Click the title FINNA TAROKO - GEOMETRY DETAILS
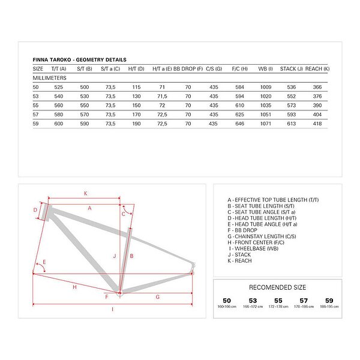pyautogui.click(x=79, y=60)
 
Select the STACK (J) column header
pyautogui.click(x=292, y=69)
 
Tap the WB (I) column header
pyautogui.click(x=266, y=69)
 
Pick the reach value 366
pyautogui.click(x=317, y=87)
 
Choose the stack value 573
pyautogui.click(x=292, y=104)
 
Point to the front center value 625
pyautogui.click(x=239, y=113)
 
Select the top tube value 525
pyautogui.click(x=59, y=87)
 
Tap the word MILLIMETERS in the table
pyautogui.click(x=49, y=78)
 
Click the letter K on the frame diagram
pyautogui.click(x=85, y=193)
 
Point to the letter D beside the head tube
pyautogui.click(x=35, y=210)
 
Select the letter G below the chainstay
pyautogui.click(x=157, y=296)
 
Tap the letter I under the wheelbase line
pyautogui.click(x=112, y=309)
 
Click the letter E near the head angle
pyautogui.click(x=44, y=262)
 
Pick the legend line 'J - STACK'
pyautogui.click(x=239, y=254)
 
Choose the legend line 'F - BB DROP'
pyautogui.click(x=243, y=230)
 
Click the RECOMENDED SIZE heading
pyautogui.click(x=277, y=287)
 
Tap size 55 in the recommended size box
pyautogui.click(x=277, y=300)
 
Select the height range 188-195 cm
pyautogui.click(x=329, y=306)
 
